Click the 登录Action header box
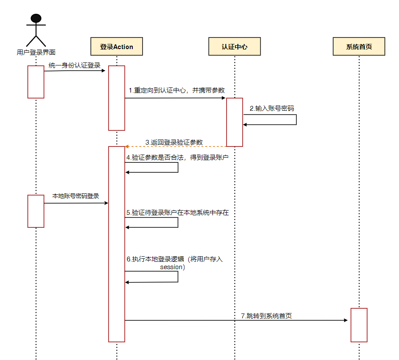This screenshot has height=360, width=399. click(x=116, y=47)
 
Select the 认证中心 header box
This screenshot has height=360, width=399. click(x=234, y=47)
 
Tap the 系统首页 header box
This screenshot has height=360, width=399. click(x=358, y=47)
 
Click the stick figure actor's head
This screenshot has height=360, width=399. click(x=36, y=19)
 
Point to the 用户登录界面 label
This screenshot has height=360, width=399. click(x=36, y=53)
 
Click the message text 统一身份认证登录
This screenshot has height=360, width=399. click(x=75, y=65)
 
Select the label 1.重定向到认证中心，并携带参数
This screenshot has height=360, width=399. click(x=177, y=90)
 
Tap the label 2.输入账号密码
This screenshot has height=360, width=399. click(x=272, y=109)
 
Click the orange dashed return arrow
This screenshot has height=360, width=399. click(x=175, y=146)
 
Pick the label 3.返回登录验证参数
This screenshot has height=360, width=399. click(x=174, y=142)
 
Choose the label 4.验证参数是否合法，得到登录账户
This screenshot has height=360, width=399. click(x=177, y=158)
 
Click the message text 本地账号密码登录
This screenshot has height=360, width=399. click(x=76, y=196)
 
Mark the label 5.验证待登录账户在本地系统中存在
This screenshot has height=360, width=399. click(x=177, y=213)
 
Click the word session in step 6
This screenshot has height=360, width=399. click(x=171, y=267)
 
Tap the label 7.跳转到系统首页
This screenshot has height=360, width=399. click(x=266, y=316)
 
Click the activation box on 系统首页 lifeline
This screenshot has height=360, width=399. click(x=358, y=325)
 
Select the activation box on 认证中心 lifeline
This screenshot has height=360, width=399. click(x=234, y=122)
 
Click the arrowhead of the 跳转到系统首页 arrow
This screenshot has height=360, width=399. click(x=345, y=320)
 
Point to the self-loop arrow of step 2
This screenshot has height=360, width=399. click(x=296, y=120)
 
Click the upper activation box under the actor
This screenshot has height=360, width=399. click(x=36, y=82)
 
